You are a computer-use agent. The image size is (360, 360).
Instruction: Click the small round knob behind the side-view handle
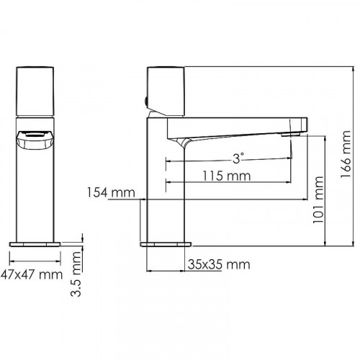(x=147, y=102)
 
